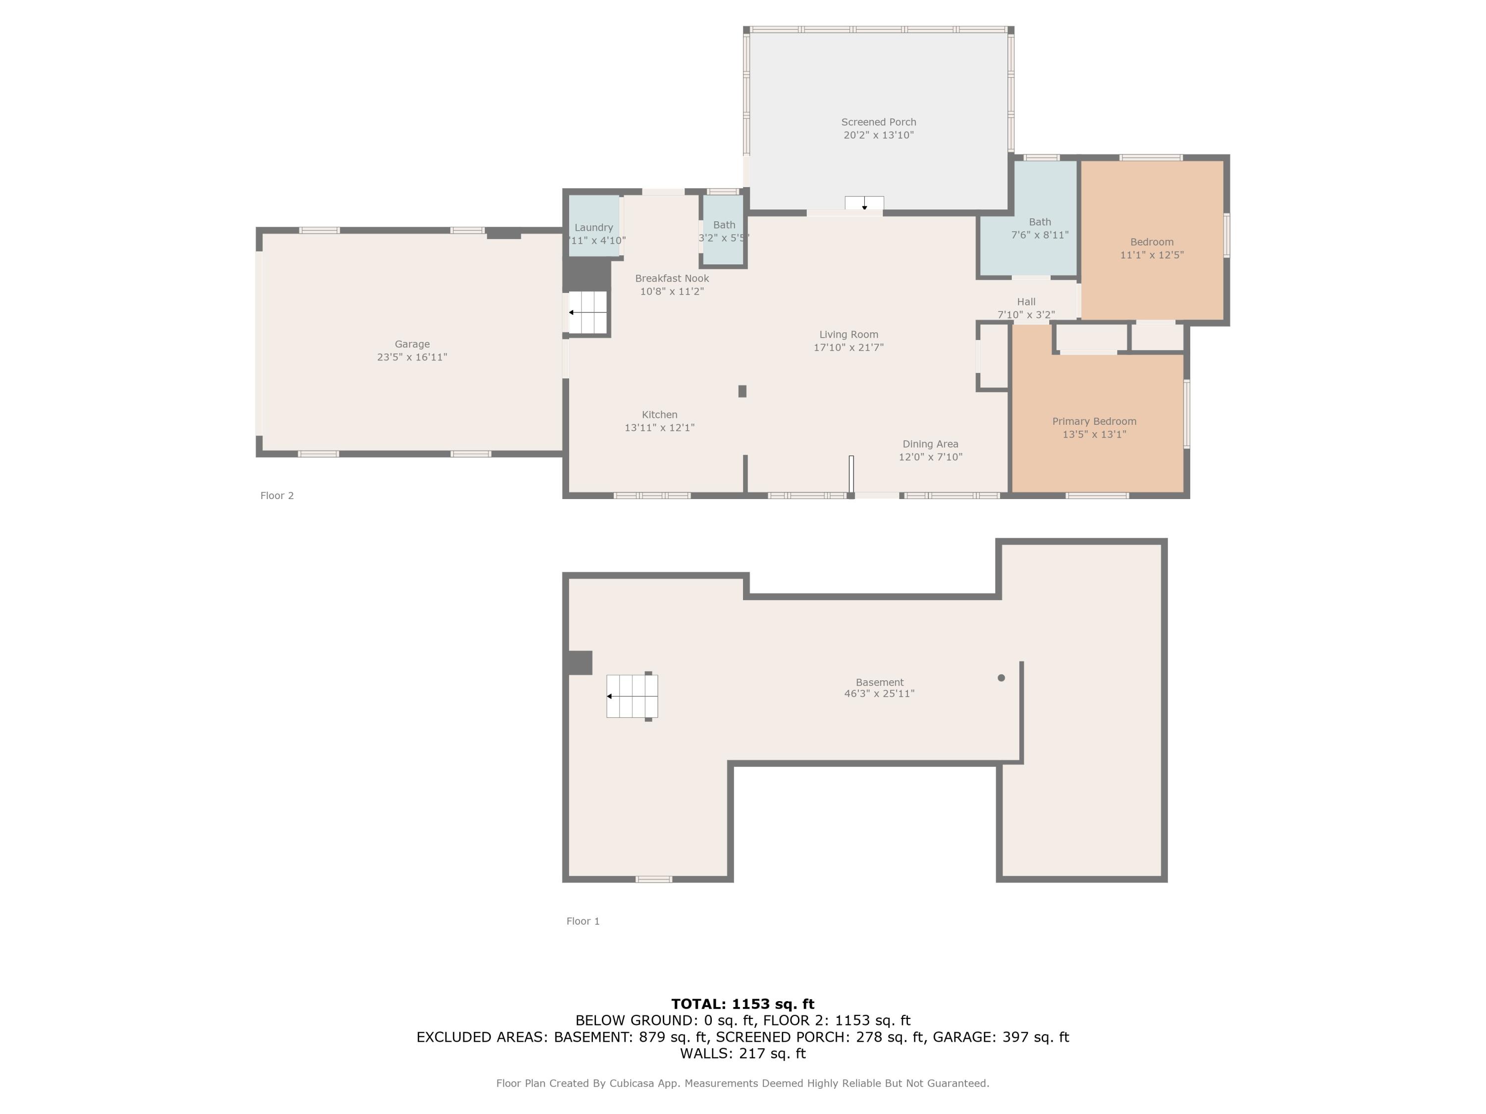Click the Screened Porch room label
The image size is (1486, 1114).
[878, 122]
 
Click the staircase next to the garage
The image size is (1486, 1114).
[588, 312]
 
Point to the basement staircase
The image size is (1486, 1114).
[632, 696]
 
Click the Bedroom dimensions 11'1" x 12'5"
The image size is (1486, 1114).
[1152, 255]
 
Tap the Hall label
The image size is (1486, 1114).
[1026, 302]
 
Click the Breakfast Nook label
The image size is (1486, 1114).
[672, 279]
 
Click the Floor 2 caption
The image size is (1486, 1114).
[277, 496]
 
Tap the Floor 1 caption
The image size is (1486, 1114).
[583, 921]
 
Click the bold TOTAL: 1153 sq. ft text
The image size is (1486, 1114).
[743, 1004]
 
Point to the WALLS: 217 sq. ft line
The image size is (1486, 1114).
[743, 1054]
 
